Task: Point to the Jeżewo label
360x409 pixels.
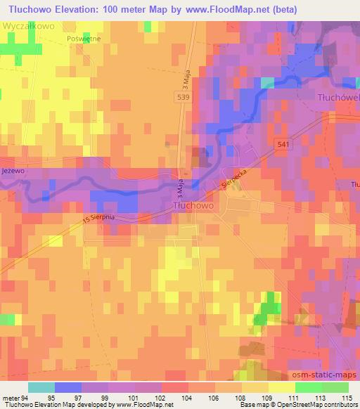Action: tap(13, 170)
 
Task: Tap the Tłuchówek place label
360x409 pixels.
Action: tap(338, 97)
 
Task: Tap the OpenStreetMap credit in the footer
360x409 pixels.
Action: tap(320, 405)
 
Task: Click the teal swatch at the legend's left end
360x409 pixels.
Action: tap(41, 387)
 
